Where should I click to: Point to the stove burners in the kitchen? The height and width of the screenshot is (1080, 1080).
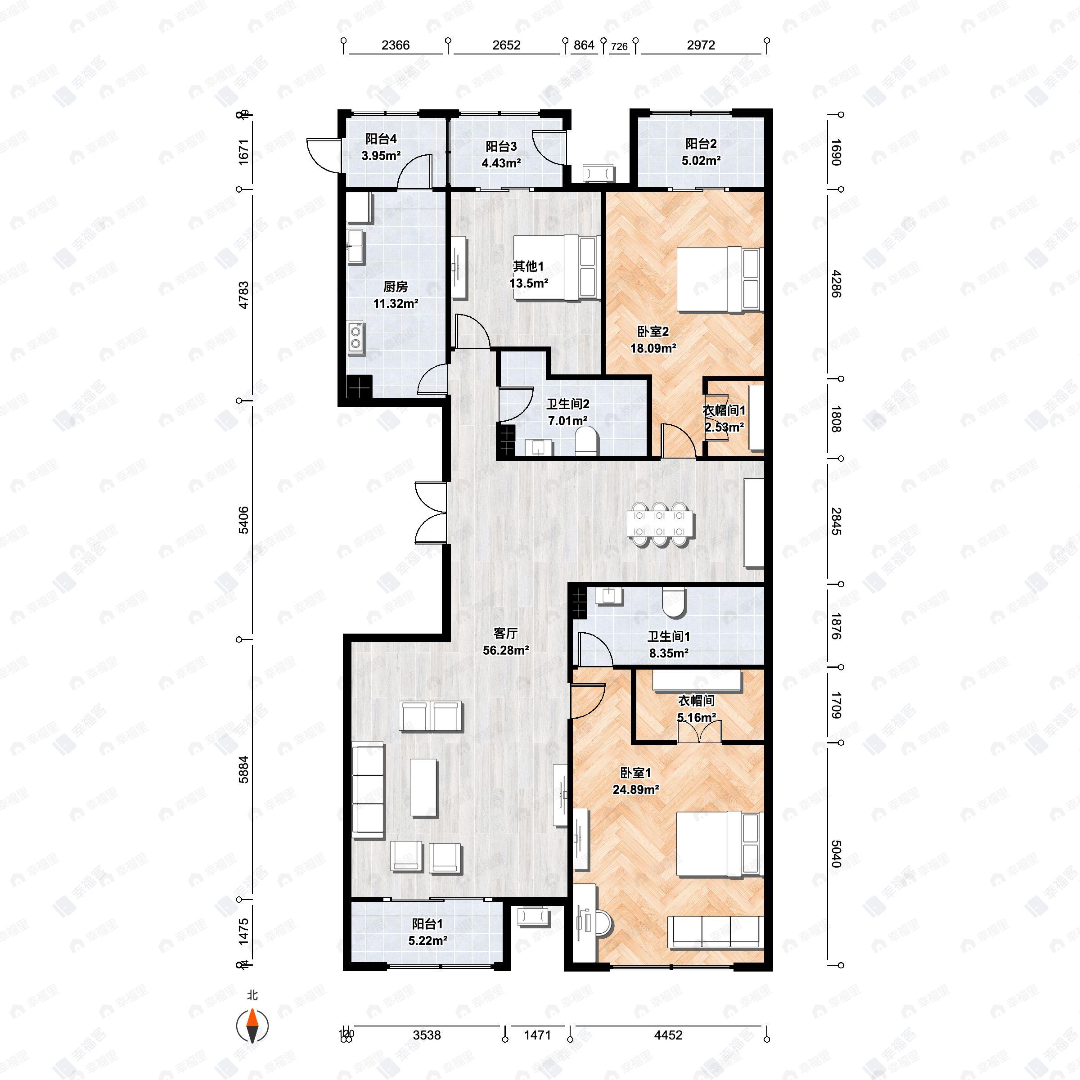pos(355,337)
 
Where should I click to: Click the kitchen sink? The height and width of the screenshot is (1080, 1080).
pos(355,246)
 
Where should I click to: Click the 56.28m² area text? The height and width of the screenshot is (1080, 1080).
pos(505,650)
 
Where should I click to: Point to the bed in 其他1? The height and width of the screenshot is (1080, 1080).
pos(553,267)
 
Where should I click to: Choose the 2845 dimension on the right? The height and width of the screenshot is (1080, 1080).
pos(835,521)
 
